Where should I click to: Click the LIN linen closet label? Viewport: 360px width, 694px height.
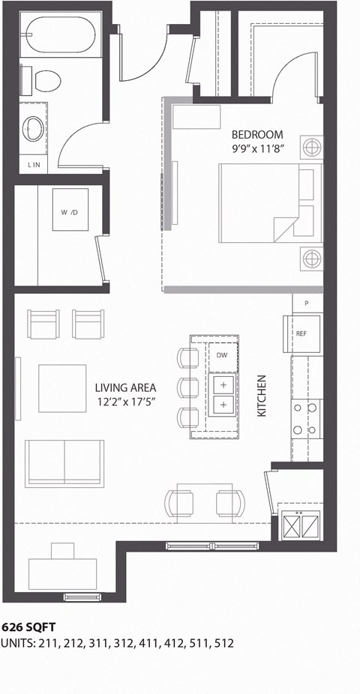34,165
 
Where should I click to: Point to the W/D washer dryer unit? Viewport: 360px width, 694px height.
70,212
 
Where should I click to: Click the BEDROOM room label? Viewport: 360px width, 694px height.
257,135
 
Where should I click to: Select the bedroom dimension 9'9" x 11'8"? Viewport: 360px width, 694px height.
257,148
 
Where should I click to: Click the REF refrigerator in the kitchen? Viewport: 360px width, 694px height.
301,334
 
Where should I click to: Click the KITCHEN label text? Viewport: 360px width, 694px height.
262,396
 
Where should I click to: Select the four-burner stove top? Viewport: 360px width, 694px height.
306,419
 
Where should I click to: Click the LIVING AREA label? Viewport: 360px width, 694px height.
125,387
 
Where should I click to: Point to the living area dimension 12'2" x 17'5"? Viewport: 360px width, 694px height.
125,401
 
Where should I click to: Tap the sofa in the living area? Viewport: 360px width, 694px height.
64,462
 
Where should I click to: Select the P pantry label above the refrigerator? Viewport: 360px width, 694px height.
307,304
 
